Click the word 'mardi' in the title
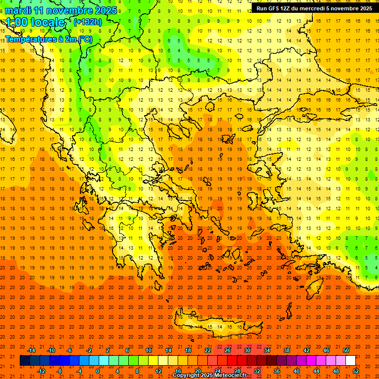point(18,10)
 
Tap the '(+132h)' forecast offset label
point(87,22)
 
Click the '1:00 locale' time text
point(35,22)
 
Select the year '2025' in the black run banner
point(363,8)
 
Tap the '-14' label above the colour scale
point(31,350)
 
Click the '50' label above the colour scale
point(346,350)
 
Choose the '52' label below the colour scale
point(356,371)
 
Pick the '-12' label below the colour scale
point(41,371)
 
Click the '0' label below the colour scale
point(98,371)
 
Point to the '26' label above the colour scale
point(227,350)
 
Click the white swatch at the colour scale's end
point(350,361)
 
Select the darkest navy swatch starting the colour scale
point(25,361)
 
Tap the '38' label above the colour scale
point(287,350)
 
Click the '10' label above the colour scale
point(149,350)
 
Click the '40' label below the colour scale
point(297,371)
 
